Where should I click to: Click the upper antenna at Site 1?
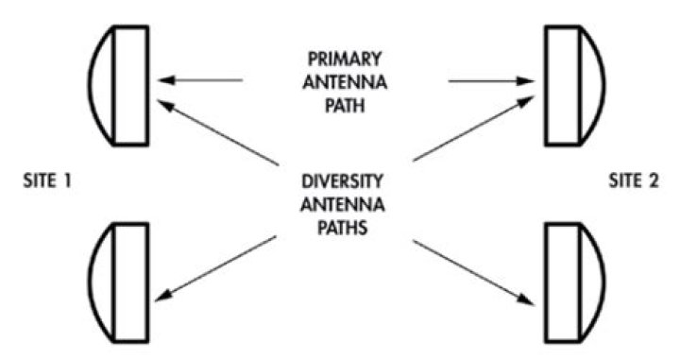click(x=121, y=85)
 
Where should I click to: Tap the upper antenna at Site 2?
click(x=572, y=85)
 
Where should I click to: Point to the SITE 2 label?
click(x=636, y=181)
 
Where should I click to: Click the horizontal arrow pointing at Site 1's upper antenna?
click(x=200, y=81)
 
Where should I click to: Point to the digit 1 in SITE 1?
click(x=68, y=181)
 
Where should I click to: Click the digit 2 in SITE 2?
click(x=659, y=181)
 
